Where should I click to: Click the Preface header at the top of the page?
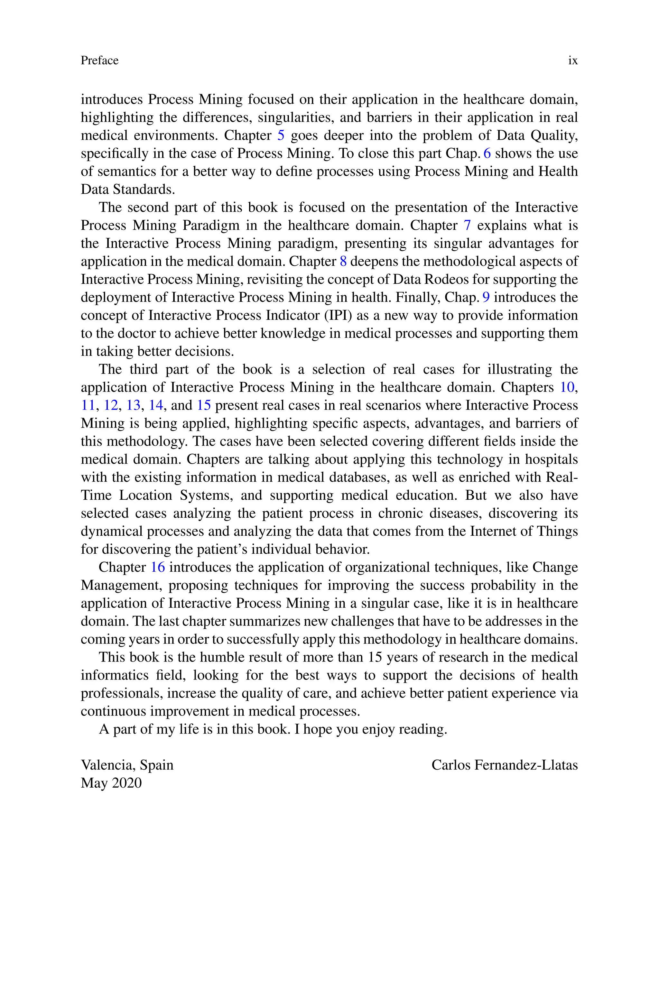click(x=100, y=60)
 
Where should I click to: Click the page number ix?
click(x=572, y=60)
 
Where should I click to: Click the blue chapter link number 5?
click(x=281, y=135)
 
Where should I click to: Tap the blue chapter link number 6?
click(x=487, y=153)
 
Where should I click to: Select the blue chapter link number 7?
click(x=467, y=226)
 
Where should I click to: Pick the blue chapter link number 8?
click(x=343, y=261)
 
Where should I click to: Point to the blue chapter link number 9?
click(x=486, y=297)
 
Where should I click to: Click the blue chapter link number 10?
click(x=567, y=387)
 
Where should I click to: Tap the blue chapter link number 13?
click(x=133, y=405)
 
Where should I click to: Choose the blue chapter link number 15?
click(x=204, y=405)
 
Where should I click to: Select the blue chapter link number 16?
click(x=158, y=567)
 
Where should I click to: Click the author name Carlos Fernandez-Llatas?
click(x=504, y=765)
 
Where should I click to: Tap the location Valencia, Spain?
click(x=127, y=765)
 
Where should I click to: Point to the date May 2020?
click(x=111, y=783)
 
